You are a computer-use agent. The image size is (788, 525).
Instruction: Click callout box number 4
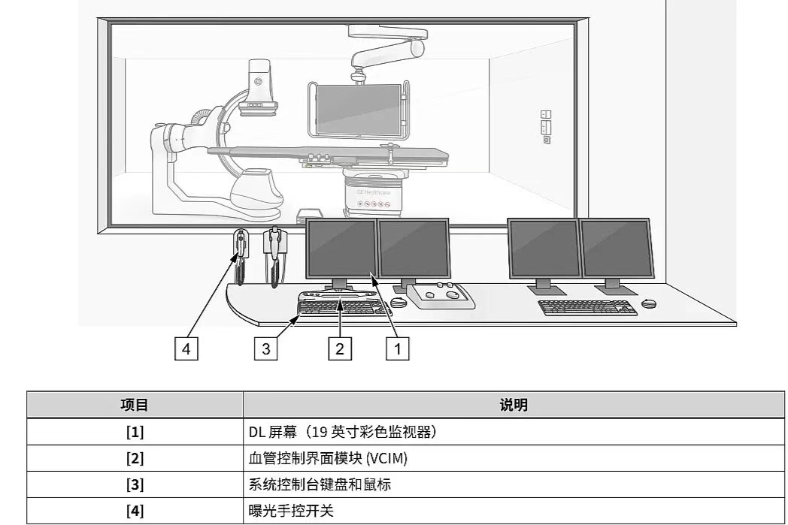click(x=186, y=349)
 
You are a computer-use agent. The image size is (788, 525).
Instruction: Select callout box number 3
click(x=265, y=349)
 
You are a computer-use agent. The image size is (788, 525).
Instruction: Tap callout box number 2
click(x=340, y=349)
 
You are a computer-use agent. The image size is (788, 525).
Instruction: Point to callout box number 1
click(x=398, y=349)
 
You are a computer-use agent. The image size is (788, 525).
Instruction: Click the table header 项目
click(x=135, y=405)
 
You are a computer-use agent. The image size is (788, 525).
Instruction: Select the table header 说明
click(x=514, y=405)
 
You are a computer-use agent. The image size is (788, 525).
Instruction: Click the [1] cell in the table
click(x=135, y=432)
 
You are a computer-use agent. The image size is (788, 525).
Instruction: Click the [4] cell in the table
click(x=135, y=511)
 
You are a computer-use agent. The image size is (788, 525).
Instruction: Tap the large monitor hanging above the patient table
click(x=358, y=110)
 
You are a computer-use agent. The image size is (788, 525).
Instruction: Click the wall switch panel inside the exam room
click(x=546, y=126)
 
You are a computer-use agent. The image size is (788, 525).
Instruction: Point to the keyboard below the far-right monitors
click(x=586, y=307)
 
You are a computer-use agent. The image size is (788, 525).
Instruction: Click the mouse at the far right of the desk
click(x=650, y=303)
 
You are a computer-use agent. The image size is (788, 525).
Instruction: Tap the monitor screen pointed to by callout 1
click(x=341, y=248)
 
